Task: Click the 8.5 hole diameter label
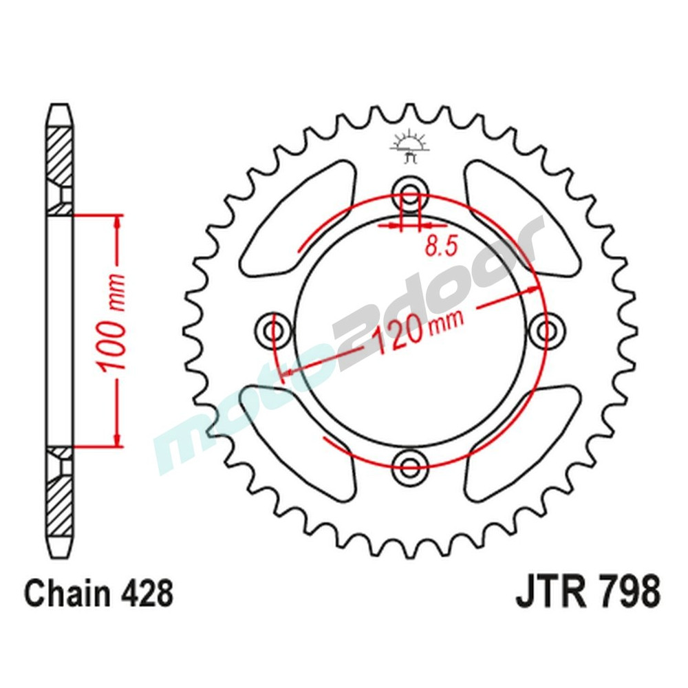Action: tap(441, 246)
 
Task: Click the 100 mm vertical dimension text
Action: tap(114, 323)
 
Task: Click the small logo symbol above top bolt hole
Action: tap(409, 146)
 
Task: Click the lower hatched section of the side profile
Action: tap(60, 499)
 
